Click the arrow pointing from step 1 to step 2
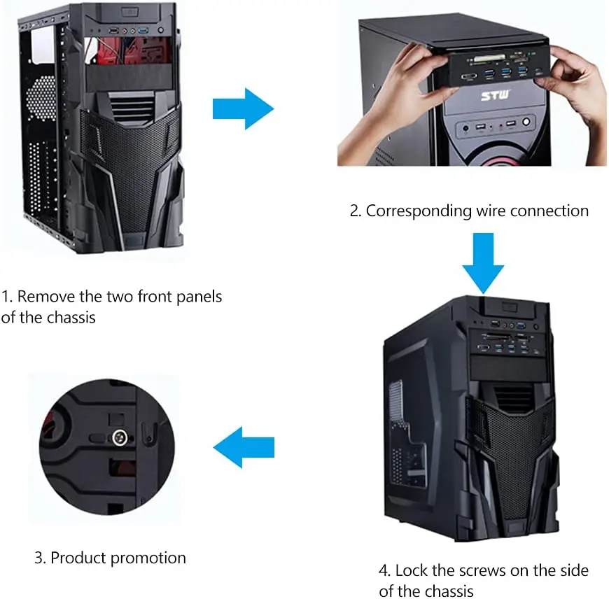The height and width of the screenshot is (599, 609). coord(242,107)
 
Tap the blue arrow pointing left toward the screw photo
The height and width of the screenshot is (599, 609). coord(243,448)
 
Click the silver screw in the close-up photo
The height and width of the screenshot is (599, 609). coord(118,439)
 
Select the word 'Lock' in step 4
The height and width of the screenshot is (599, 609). coord(413,570)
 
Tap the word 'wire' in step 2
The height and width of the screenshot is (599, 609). coord(490,210)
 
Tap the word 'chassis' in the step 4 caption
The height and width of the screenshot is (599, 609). coord(443,591)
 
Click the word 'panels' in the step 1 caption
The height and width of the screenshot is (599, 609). coord(197,297)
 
